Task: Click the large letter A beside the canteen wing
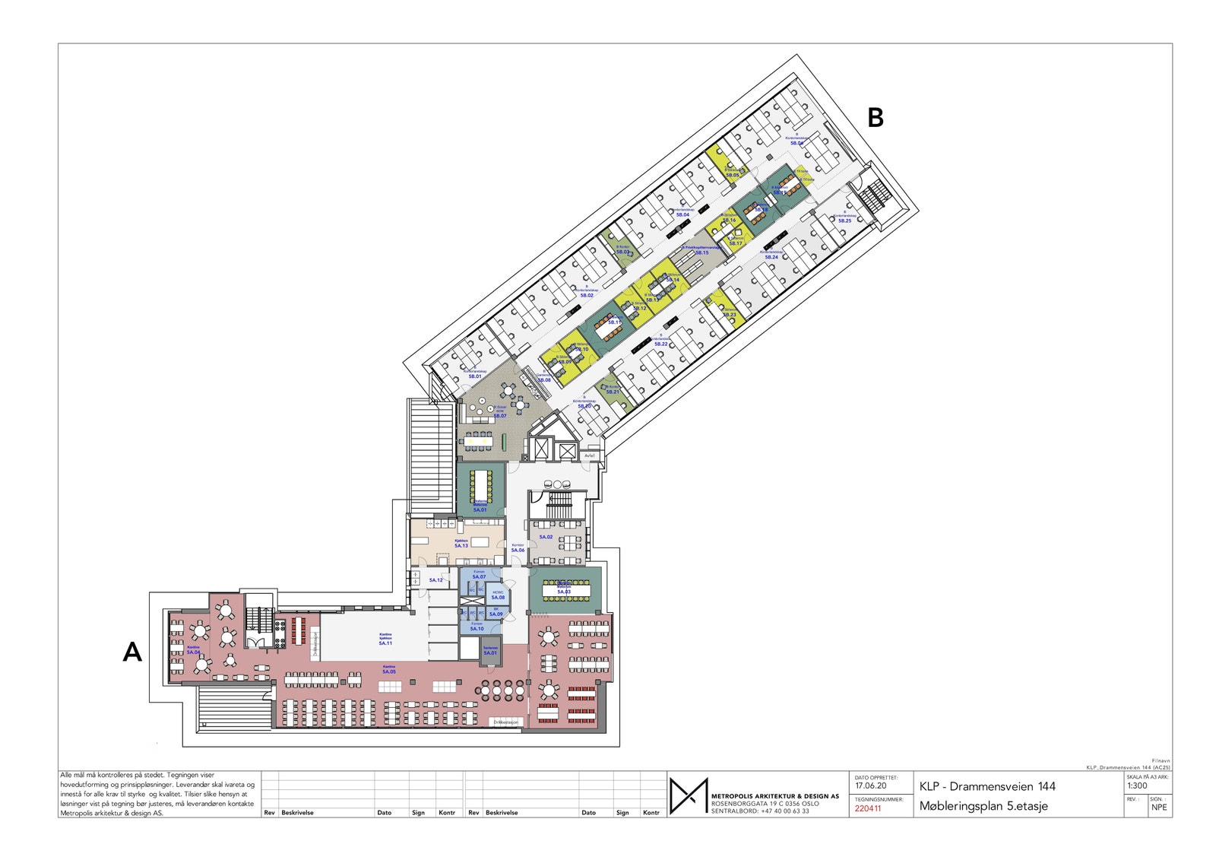[x=132, y=652]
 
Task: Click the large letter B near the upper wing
[x=875, y=117]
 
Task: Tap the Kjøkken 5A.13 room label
[x=461, y=544]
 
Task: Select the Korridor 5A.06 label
[x=518, y=547]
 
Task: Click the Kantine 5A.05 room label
[x=388, y=669]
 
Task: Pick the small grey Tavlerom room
[x=490, y=651]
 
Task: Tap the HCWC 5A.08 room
[x=498, y=595]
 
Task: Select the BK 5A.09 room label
[x=496, y=612]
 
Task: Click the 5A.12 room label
[x=435, y=580]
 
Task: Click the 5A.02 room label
[x=546, y=537]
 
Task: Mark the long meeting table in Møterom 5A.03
[x=564, y=590]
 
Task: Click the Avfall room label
[x=590, y=455]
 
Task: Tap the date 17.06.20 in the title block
[x=870, y=786]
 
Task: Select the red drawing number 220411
[x=868, y=808]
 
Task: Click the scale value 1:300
[x=1137, y=786]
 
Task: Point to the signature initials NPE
[x=1159, y=808]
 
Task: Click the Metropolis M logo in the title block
[x=689, y=796]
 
